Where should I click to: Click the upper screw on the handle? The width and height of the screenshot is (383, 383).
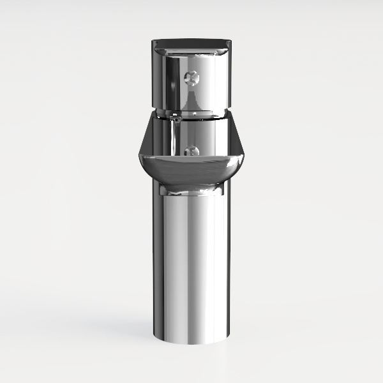[191, 78]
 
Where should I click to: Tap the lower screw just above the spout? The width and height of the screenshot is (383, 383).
[191, 151]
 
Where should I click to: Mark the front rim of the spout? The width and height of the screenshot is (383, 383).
[191, 157]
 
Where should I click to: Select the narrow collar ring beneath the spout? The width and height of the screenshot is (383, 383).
[191, 189]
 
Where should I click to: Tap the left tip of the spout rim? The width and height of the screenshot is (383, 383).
[139, 156]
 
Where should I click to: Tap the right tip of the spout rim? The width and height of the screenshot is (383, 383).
[245, 156]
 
